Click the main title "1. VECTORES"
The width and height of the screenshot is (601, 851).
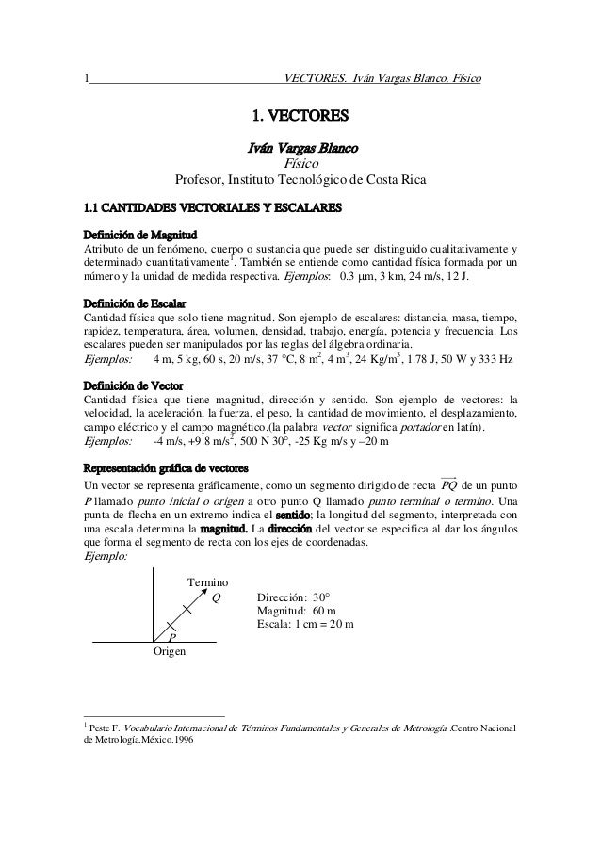pyautogui.click(x=300, y=118)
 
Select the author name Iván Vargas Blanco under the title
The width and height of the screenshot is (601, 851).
pyautogui.click(x=300, y=147)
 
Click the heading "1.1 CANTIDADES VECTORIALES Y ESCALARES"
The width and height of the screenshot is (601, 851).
pyautogui.click(x=210, y=207)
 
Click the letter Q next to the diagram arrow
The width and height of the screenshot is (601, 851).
pyautogui.click(x=216, y=597)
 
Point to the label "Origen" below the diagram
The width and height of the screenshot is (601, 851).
pyautogui.click(x=170, y=651)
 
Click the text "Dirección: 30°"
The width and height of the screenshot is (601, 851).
pyautogui.click(x=298, y=597)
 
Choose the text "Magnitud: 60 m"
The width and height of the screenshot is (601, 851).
pyautogui.click(x=298, y=612)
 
